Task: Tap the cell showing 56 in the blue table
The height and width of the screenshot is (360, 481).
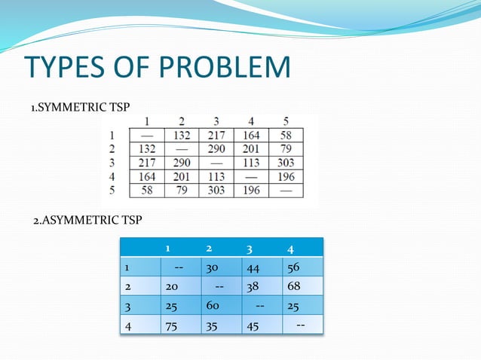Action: [x=293, y=267]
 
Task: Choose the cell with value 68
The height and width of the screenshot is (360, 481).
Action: [x=293, y=287]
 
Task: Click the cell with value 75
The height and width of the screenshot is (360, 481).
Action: [x=173, y=326]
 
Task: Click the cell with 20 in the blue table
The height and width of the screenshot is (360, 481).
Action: [x=173, y=287]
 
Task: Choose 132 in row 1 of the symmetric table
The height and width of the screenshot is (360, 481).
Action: [x=181, y=136]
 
